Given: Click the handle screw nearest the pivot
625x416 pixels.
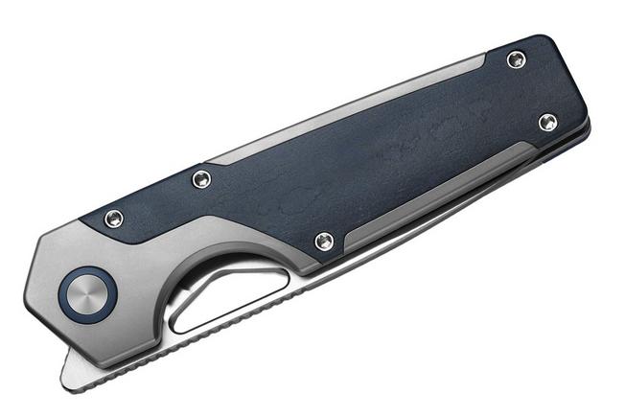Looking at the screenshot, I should (113, 218).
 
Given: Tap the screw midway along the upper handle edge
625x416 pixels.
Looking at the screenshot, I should (201, 178).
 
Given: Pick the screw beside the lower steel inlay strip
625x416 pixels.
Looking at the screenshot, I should (325, 241).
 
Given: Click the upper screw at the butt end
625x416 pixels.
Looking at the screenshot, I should (517, 60).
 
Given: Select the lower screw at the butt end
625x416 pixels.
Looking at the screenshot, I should (547, 122).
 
